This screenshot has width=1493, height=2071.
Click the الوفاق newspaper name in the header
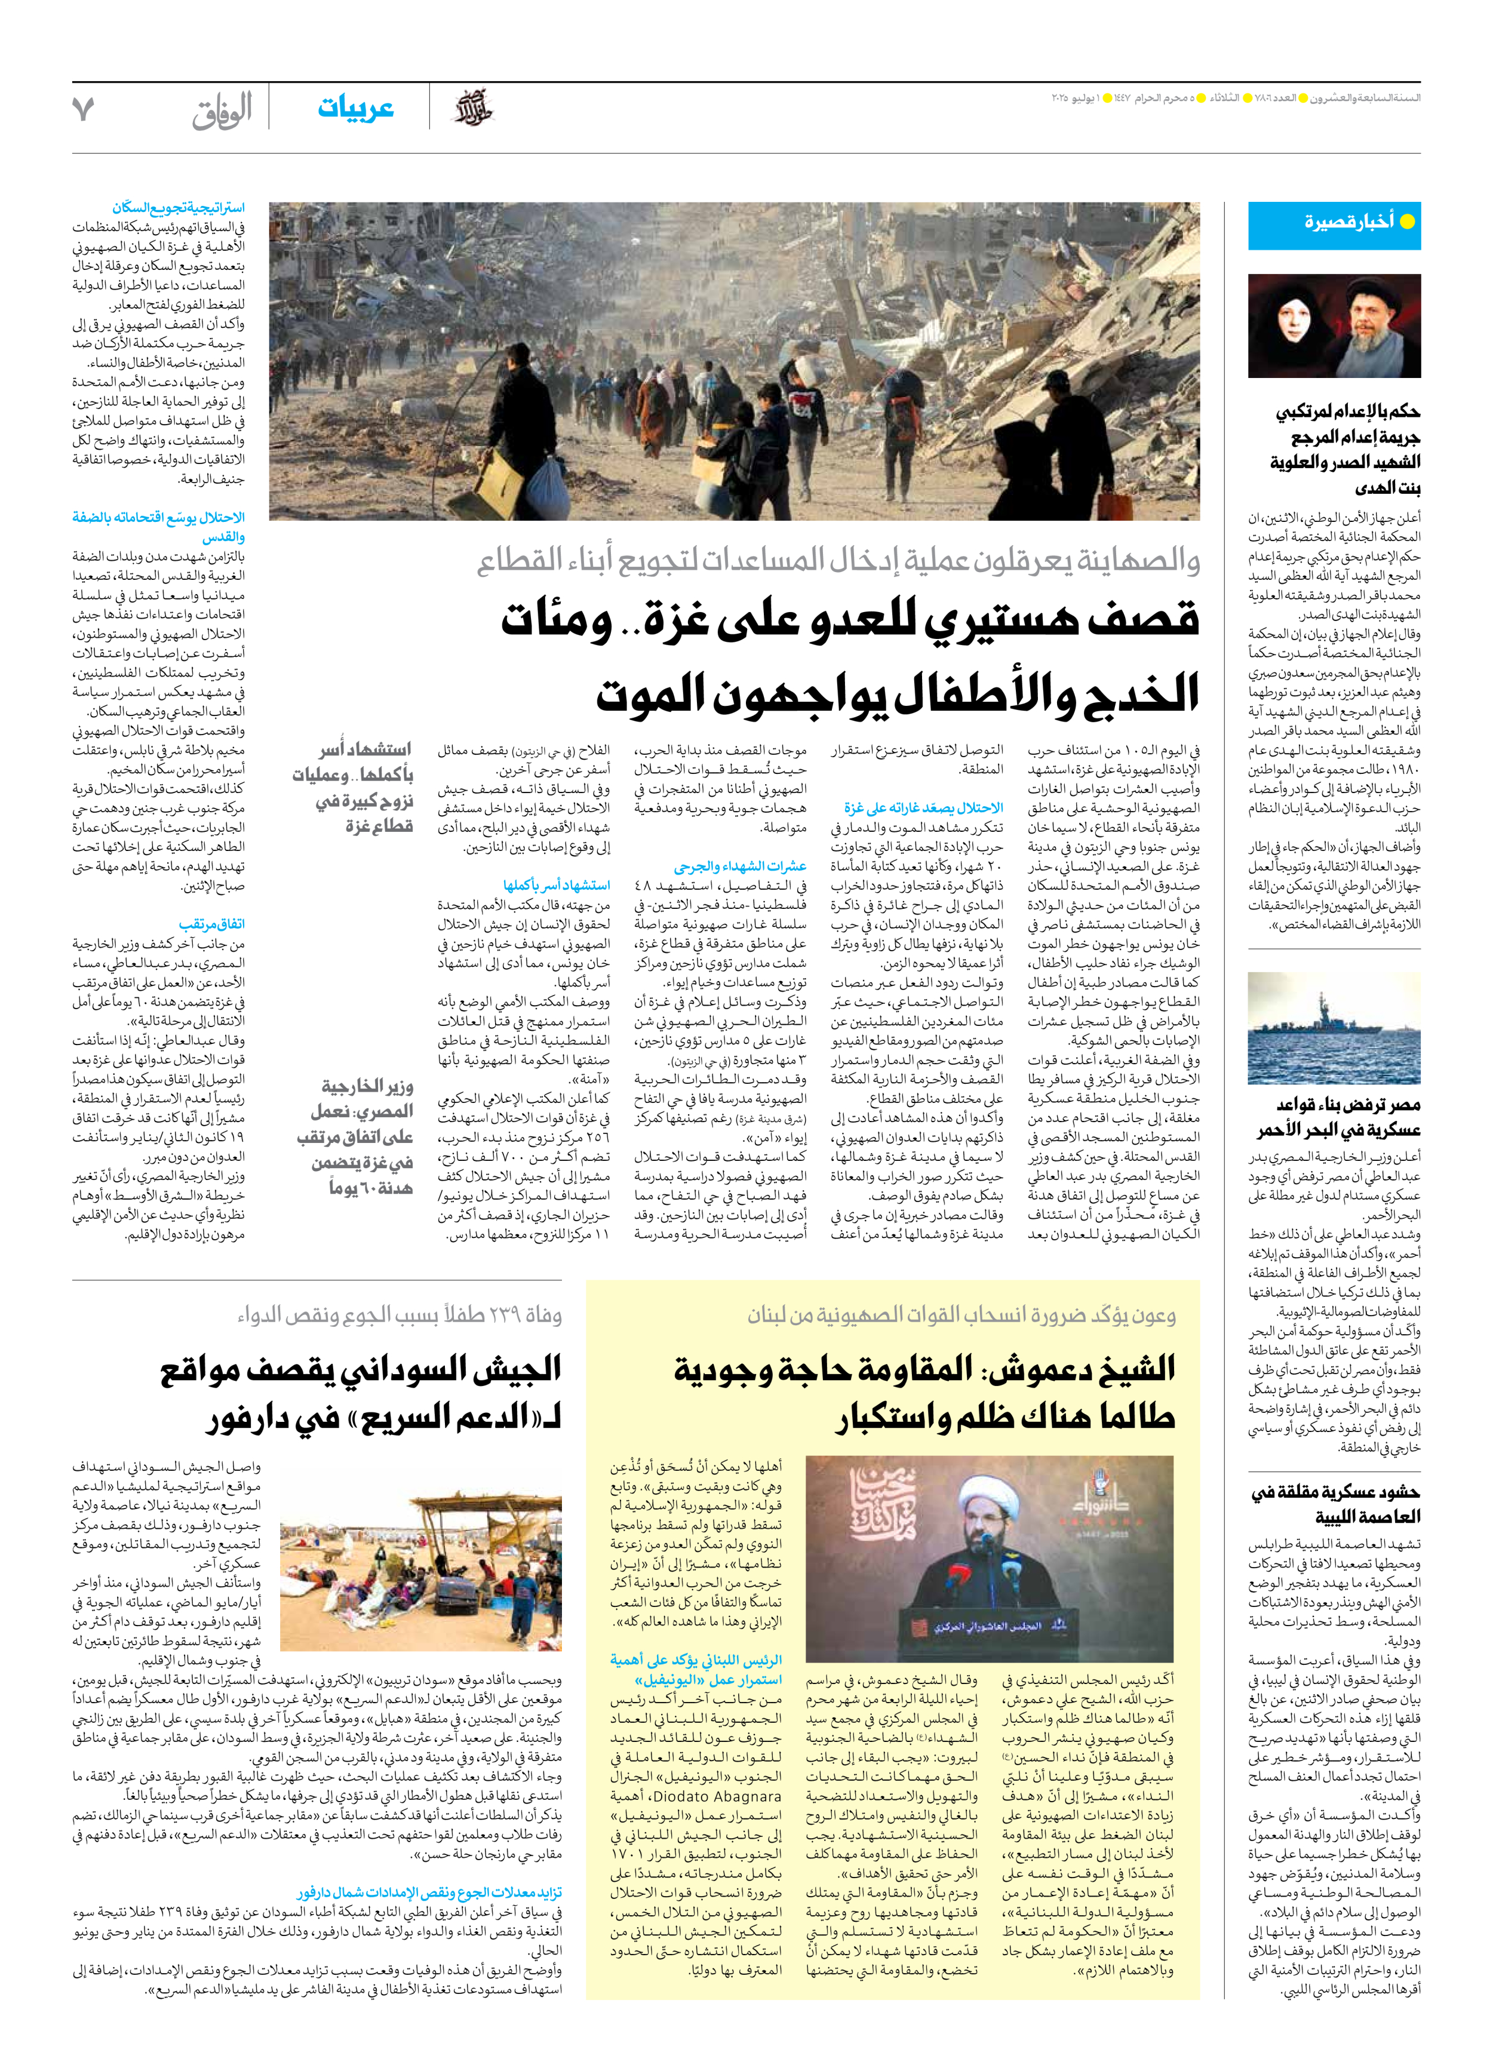coord(222,110)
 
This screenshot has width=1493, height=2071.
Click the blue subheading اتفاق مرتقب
coord(212,924)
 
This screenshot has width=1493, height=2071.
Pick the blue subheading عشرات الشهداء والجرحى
coord(740,866)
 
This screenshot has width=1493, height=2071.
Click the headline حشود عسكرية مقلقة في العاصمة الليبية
coord(1334,1505)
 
